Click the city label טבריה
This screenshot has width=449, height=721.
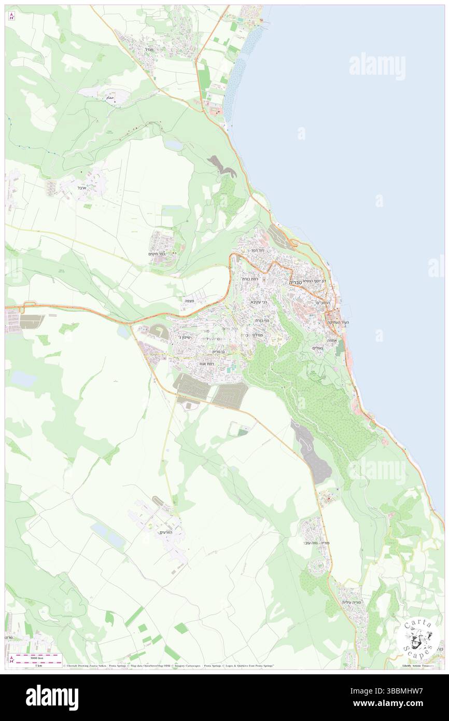tap(297, 281)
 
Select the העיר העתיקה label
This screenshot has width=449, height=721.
tap(338, 323)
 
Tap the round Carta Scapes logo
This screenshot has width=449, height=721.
tap(418, 638)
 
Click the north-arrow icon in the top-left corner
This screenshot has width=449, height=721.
tap(12, 16)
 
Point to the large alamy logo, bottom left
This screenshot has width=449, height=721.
tap(52, 697)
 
